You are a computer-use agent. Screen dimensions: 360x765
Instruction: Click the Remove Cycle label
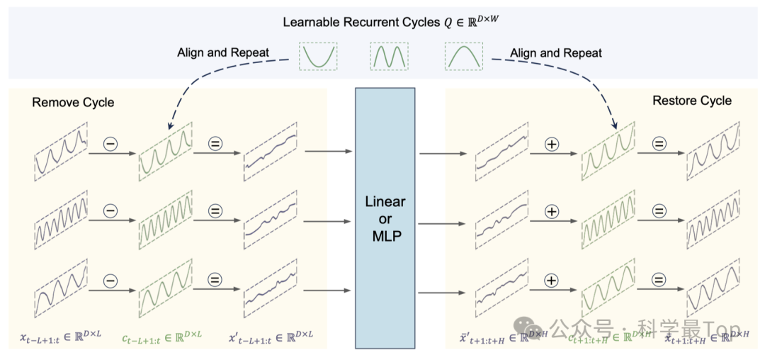73,103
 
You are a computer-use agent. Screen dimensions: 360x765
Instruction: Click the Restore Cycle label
691,101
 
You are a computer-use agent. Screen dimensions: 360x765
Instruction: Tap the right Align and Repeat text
556,53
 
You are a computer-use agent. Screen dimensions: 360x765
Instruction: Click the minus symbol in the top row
111,144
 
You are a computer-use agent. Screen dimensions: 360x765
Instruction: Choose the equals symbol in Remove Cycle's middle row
215,211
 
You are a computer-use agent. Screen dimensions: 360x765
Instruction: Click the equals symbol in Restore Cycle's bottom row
659,280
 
